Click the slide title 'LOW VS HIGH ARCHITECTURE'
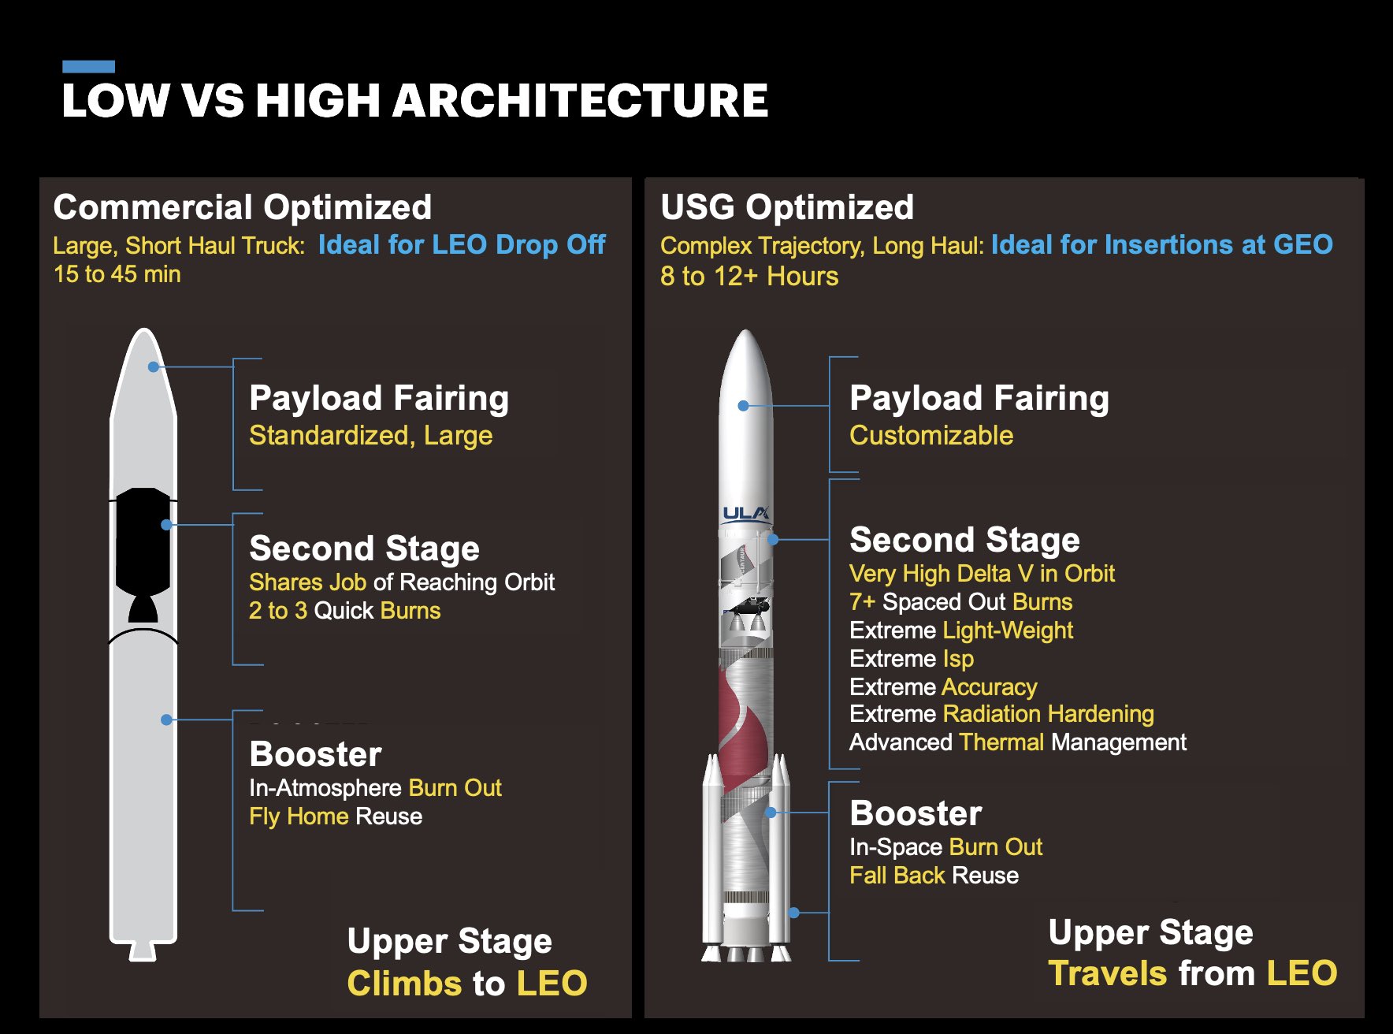(x=414, y=101)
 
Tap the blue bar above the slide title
(x=88, y=66)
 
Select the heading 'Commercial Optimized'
(x=243, y=207)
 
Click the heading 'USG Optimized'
(x=787, y=207)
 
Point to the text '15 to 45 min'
(x=117, y=274)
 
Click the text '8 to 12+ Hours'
(x=749, y=276)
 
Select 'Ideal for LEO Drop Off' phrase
(x=462, y=245)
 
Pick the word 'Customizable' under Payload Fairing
(x=931, y=435)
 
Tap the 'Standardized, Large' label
(x=371, y=436)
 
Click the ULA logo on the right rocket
(x=746, y=514)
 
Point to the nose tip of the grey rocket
(x=143, y=329)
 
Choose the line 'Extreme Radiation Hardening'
(x=1001, y=714)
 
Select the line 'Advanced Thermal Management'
(x=1018, y=742)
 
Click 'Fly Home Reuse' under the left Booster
(x=336, y=816)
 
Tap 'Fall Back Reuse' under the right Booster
(x=934, y=876)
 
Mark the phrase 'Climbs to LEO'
(x=467, y=984)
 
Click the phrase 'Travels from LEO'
(x=1193, y=974)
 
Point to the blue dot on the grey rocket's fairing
(x=154, y=367)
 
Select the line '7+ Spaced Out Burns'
(x=960, y=602)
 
